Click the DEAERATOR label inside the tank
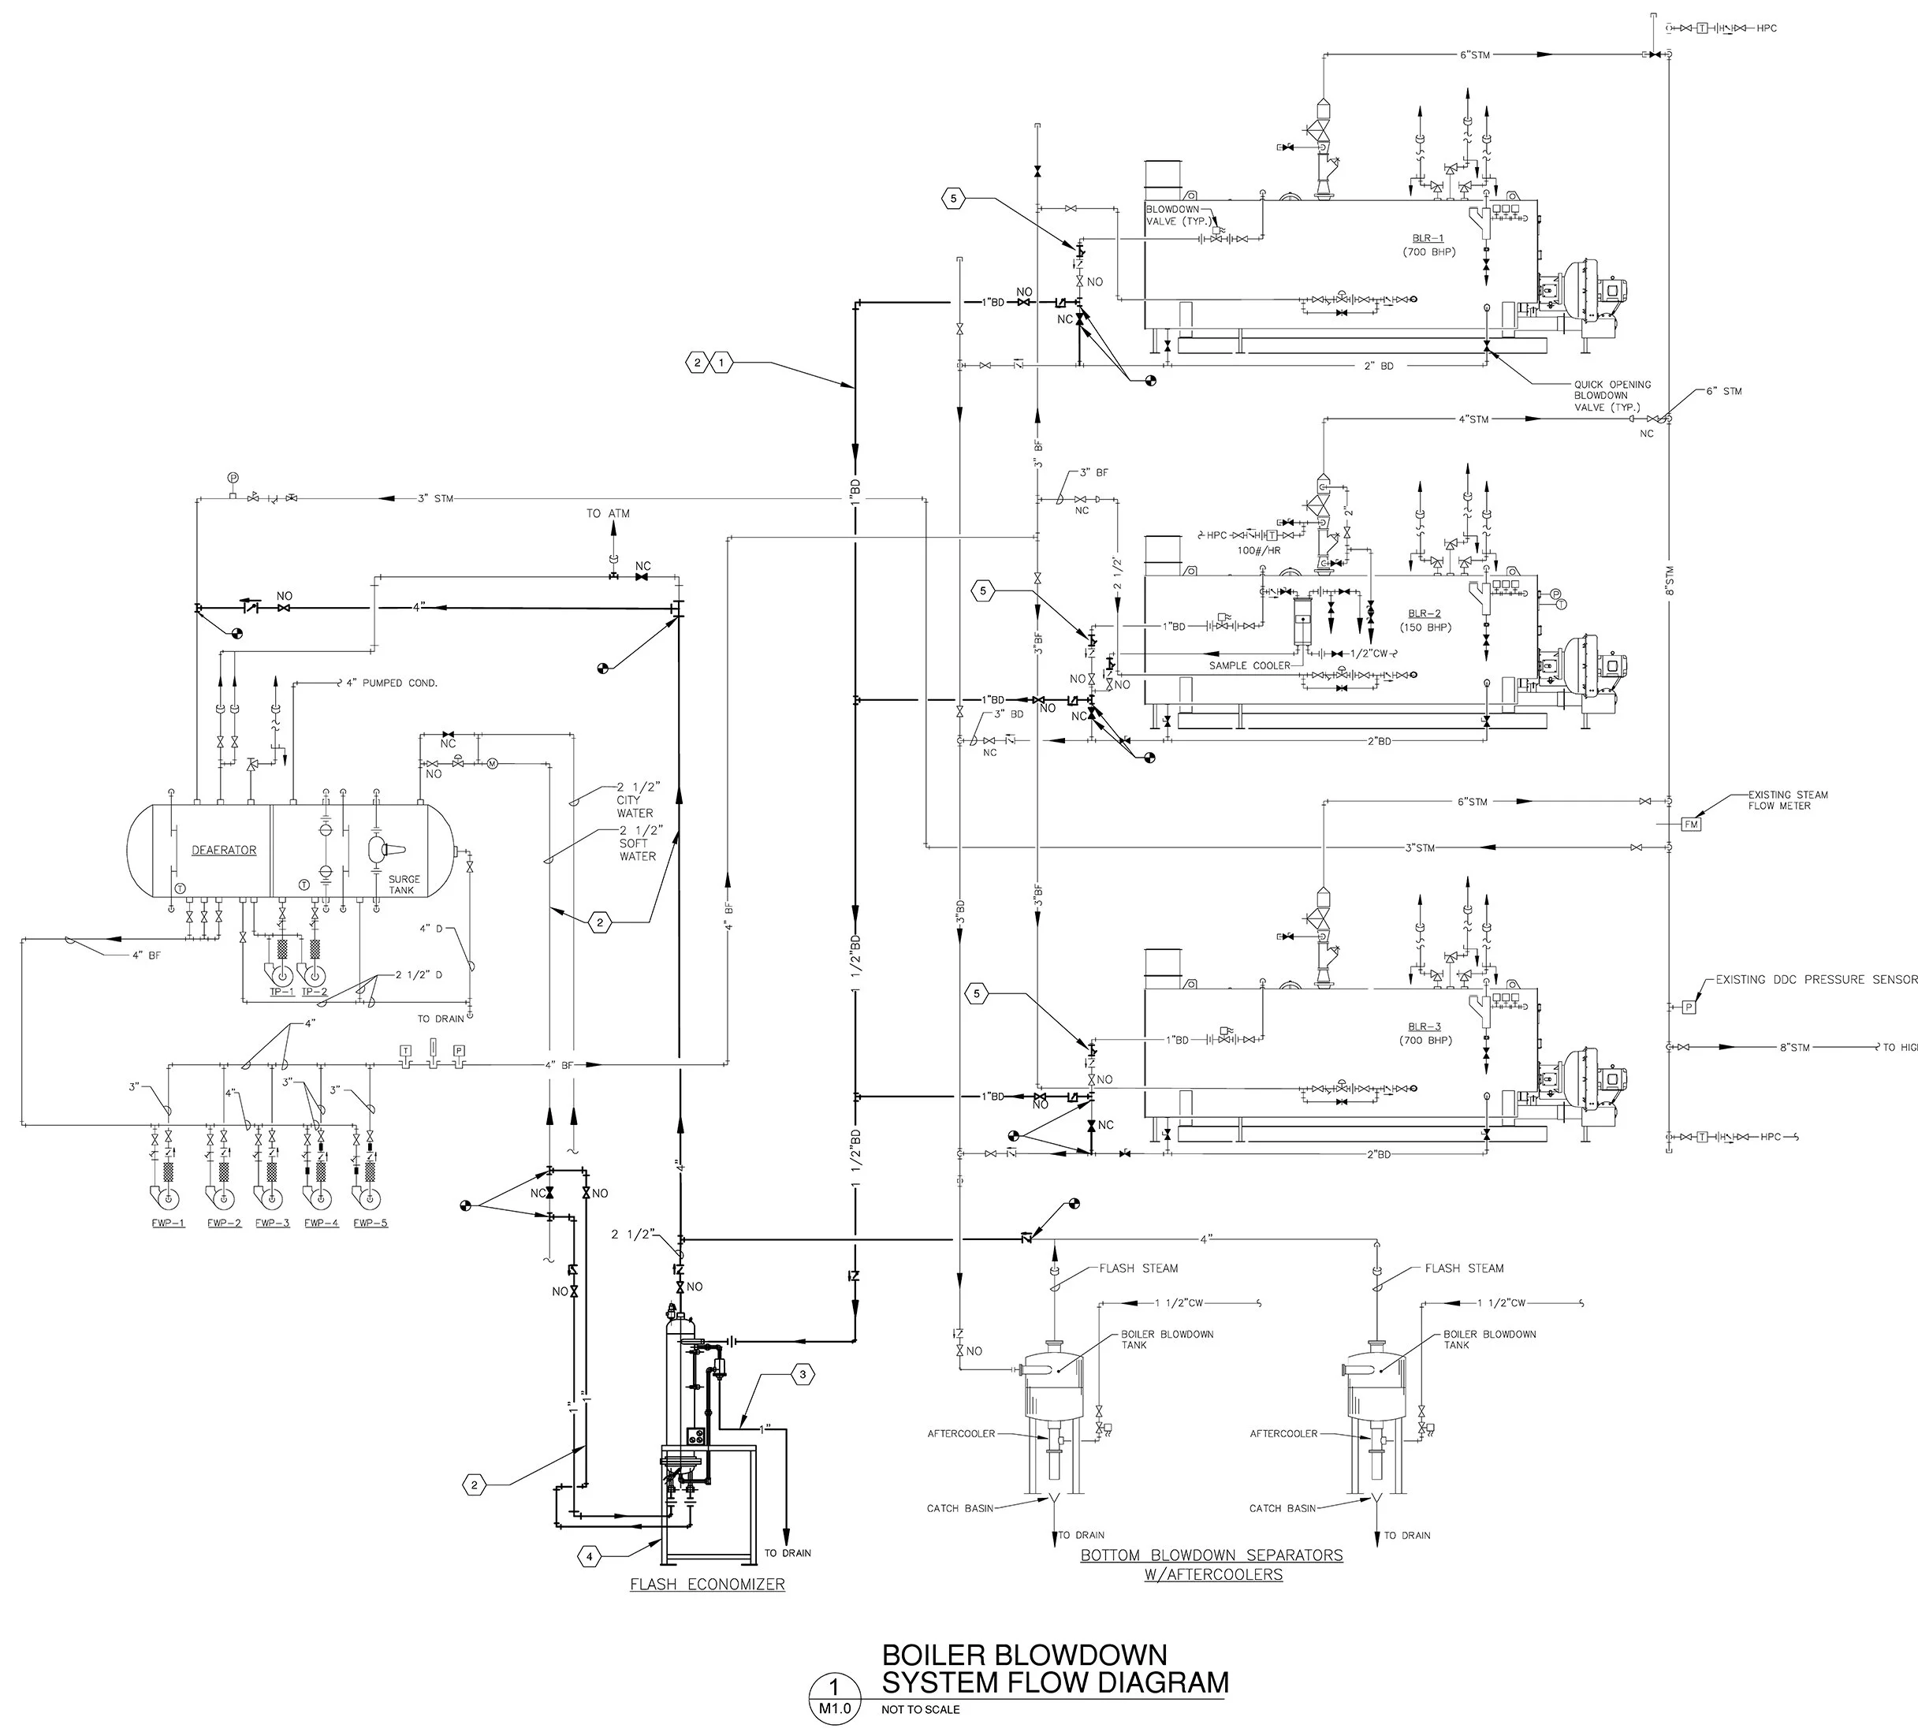[224, 850]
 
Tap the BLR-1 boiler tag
[1427, 238]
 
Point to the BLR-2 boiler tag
[1425, 614]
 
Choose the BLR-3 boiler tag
[1425, 1027]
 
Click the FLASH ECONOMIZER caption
[707, 1585]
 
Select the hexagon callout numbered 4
[590, 1557]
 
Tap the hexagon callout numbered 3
[802, 1374]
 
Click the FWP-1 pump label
[167, 1223]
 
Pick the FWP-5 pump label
[370, 1223]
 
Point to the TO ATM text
[608, 514]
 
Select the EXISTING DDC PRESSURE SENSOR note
[1816, 979]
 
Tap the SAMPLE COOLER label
[1249, 665]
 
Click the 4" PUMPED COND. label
[391, 683]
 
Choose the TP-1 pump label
[281, 991]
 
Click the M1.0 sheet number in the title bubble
[833, 1708]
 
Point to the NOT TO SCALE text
[920, 1709]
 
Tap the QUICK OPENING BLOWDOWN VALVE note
[1611, 395]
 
